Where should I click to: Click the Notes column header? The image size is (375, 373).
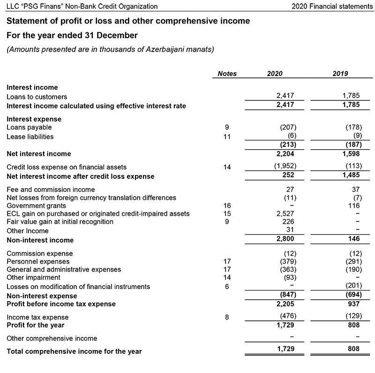pos(227,74)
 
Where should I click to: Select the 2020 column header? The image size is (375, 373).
pos(275,74)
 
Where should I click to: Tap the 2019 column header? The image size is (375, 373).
pos(340,74)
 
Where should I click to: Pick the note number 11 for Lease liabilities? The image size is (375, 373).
pos(227,137)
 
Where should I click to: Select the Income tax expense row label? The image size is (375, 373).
pos(37,317)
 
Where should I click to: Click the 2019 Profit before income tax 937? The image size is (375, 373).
pos(353,304)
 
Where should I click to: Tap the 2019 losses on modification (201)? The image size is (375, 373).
pos(352,286)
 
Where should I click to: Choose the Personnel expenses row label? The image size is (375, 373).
pos(38,261)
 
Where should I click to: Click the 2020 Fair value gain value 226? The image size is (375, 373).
pos(288,222)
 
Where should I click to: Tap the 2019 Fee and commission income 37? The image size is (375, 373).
pos(355,189)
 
